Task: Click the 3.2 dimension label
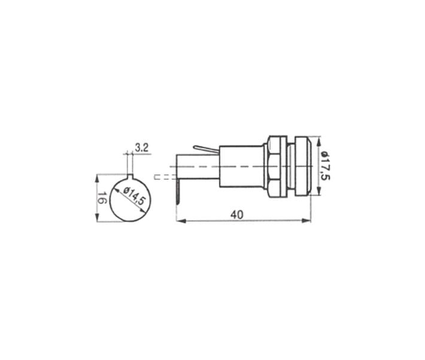click(x=141, y=148)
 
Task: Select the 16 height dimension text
click(x=102, y=198)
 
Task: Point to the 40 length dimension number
click(x=237, y=215)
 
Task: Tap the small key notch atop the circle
click(x=130, y=176)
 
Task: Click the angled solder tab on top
click(x=206, y=149)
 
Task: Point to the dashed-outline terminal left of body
click(x=165, y=177)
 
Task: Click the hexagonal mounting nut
click(x=277, y=166)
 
